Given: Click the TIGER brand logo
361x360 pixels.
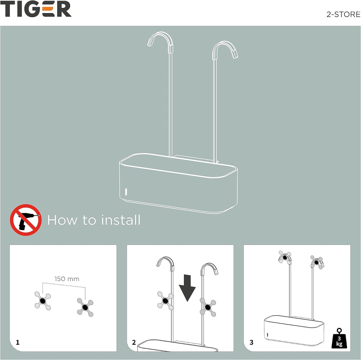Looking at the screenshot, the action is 36,9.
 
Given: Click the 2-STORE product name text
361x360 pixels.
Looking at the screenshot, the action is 343,14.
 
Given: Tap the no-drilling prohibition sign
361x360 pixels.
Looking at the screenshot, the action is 26,220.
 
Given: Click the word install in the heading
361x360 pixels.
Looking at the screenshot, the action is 120,220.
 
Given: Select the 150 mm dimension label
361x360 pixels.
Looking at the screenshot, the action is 67,279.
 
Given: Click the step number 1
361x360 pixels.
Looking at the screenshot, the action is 17,342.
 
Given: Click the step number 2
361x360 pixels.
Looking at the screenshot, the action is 134,342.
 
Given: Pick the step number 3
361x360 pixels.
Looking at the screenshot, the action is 251,342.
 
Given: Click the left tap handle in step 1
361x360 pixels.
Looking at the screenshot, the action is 42,301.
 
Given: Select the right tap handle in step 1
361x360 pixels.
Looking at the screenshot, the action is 85,308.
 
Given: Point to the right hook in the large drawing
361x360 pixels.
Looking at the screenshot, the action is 225,50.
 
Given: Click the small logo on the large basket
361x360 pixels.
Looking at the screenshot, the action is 126,192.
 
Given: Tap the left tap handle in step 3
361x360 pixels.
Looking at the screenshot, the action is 285,257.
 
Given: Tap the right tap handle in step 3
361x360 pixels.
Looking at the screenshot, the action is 317,262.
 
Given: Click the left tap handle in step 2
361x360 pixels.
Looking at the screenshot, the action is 165,301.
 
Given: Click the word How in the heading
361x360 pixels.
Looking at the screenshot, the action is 62,220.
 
